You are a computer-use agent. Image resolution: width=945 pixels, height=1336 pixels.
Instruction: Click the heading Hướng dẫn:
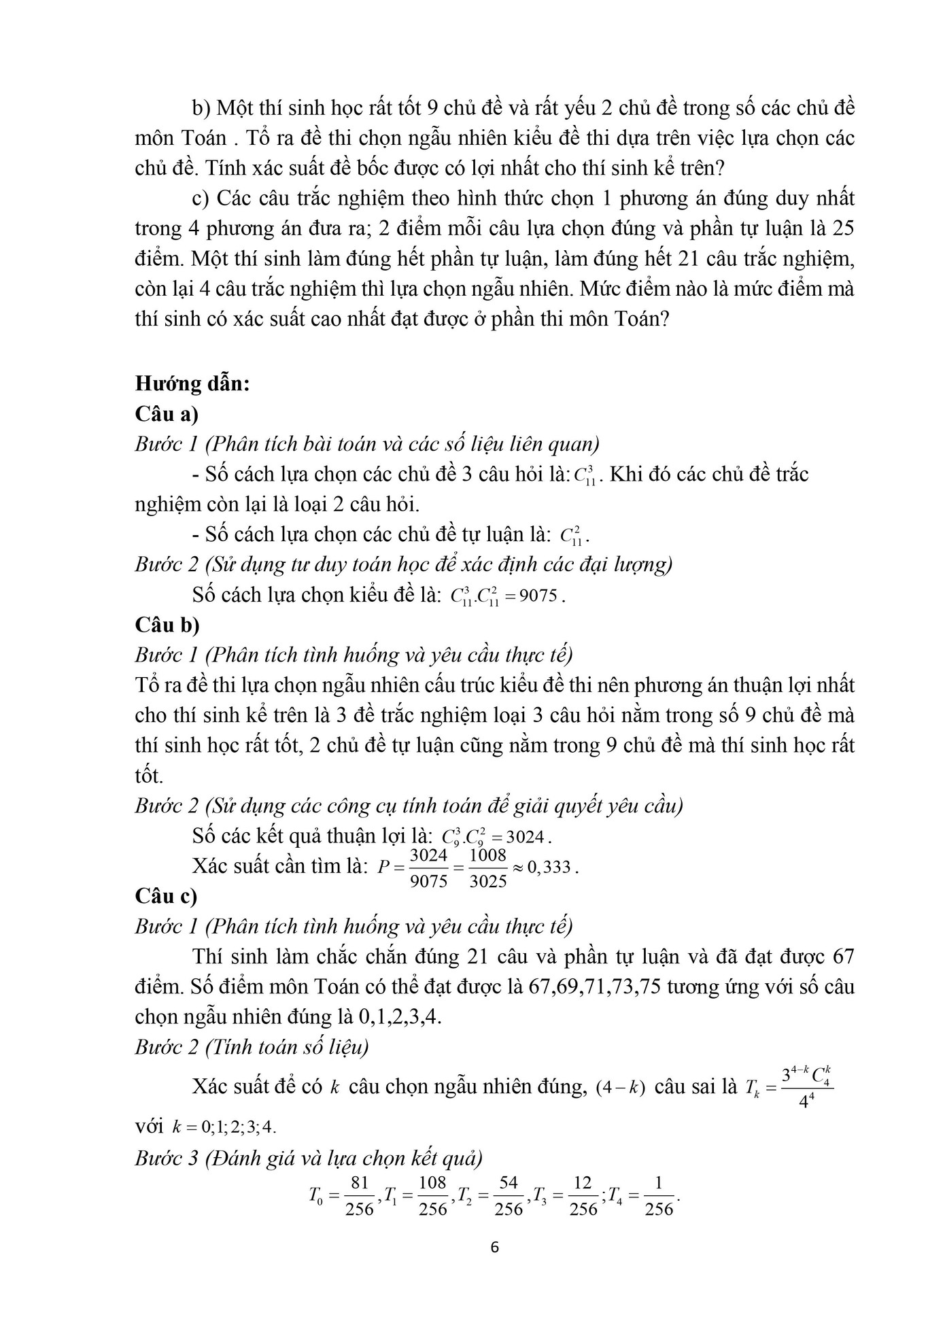[x=192, y=383]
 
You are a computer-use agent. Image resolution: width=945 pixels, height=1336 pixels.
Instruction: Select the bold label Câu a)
[x=167, y=413]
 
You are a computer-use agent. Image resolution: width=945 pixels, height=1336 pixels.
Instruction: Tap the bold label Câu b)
[x=167, y=624]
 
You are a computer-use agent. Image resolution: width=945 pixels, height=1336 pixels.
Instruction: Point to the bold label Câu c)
[x=166, y=896]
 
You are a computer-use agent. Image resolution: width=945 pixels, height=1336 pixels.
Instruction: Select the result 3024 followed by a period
[x=530, y=836]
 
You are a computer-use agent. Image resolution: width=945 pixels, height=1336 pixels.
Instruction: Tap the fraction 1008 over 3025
[x=487, y=868]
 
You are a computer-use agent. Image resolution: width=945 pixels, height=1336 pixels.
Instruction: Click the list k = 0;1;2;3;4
[x=224, y=1127]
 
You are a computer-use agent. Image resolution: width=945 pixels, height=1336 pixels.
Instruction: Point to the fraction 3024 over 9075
[x=429, y=868]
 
